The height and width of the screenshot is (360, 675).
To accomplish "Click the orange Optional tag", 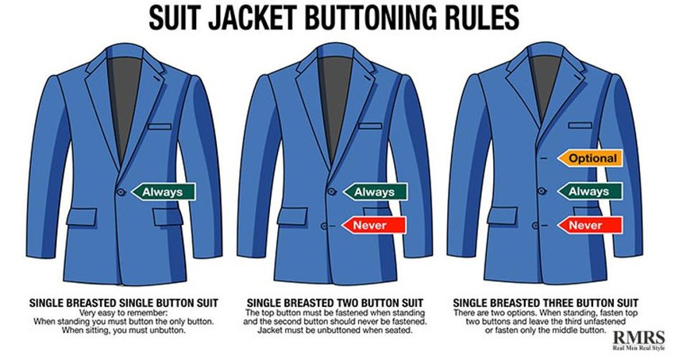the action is [590, 158].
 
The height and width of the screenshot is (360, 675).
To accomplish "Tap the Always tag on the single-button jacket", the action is [163, 192].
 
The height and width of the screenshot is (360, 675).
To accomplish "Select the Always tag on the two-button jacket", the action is [375, 192].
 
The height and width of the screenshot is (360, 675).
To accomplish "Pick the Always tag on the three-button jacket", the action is [589, 192].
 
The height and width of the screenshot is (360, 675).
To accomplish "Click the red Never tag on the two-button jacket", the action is [374, 225].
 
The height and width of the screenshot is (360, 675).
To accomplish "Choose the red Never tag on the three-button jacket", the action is [589, 225].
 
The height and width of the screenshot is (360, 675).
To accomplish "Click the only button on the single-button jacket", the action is [121, 192].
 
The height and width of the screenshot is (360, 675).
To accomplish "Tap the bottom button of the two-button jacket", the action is [326, 225].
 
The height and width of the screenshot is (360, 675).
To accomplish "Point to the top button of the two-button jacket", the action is [331, 192].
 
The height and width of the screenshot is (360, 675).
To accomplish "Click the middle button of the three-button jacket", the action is [543, 192].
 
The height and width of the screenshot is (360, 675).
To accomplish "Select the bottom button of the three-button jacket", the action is [535, 225].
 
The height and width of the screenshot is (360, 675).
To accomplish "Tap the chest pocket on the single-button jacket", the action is [160, 127].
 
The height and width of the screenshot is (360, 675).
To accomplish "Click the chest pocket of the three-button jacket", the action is [580, 126].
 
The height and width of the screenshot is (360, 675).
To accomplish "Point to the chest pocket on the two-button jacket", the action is [370, 126].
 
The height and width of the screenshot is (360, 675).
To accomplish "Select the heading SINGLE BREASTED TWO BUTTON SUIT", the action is [335, 303].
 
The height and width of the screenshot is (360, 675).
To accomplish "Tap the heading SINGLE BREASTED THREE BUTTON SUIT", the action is [546, 303].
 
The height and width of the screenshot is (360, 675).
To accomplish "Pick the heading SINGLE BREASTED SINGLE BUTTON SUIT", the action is [124, 303].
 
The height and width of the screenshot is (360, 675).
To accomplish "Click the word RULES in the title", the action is [479, 18].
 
